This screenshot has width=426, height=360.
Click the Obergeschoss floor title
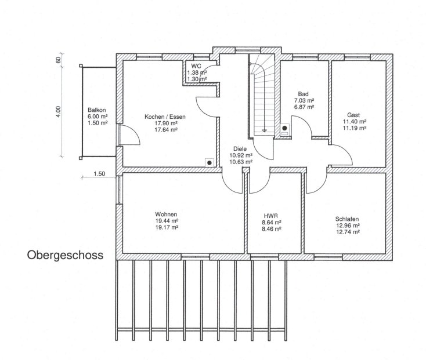[x=65, y=256]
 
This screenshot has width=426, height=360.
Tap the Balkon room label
[x=97, y=110]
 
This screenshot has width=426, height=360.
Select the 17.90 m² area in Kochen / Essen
[x=166, y=123]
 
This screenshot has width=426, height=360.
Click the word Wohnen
[x=166, y=214]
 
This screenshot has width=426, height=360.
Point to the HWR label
[x=271, y=216]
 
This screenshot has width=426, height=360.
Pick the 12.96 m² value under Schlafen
[x=348, y=226]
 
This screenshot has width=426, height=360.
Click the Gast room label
[x=353, y=115]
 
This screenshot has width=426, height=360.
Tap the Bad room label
[x=303, y=94]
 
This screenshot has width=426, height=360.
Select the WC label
[x=196, y=66]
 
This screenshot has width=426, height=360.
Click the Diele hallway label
[x=240, y=148]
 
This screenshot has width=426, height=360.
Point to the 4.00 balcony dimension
[x=59, y=111]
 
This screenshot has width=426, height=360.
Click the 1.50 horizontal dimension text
[x=99, y=174]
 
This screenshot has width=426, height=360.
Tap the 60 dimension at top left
[x=59, y=60]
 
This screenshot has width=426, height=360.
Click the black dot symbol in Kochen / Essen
[x=209, y=163]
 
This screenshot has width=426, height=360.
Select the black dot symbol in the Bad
[x=284, y=128]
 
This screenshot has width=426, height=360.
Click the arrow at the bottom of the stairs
[x=264, y=131]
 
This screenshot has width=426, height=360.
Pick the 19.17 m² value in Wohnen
[x=167, y=227]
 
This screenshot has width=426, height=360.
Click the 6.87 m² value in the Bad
[x=304, y=107]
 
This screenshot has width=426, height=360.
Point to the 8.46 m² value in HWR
[x=272, y=229]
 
